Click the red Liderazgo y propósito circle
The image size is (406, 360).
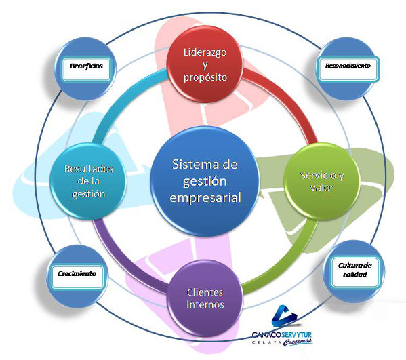click(205, 64)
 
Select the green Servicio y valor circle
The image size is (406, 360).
click(322, 181)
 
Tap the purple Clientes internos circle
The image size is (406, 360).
click(205, 298)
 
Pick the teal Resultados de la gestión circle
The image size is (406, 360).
click(89, 181)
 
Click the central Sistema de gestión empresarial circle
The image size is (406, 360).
click(205, 181)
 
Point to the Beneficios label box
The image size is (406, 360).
click(86, 69)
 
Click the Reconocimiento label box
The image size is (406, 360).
click(348, 69)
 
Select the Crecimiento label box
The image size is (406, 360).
click(77, 276)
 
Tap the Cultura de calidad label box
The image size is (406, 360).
click(354, 272)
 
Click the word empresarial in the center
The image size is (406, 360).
click(205, 197)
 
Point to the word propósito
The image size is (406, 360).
click(205, 77)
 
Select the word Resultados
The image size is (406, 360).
click(89, 169)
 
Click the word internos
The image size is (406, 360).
click(205, 304)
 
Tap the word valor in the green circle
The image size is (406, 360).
click(322, 187)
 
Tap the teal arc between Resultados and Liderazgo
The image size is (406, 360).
click(121, 98)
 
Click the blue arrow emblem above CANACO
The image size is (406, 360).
click(283, 316)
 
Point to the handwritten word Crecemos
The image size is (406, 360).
click(297, 342)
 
